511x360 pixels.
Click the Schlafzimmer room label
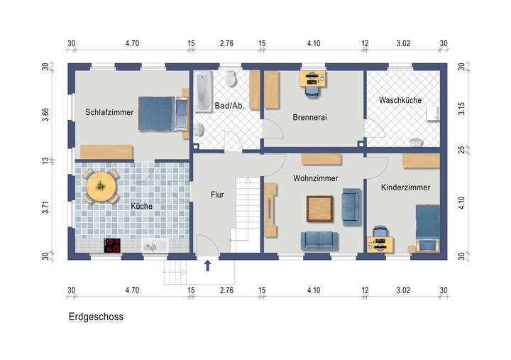(109, 111)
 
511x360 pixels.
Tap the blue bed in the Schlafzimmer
(158, 114)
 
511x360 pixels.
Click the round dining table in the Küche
(102, 186)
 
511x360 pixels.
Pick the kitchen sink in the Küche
(152, 246)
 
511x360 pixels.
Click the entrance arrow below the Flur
(208, 266)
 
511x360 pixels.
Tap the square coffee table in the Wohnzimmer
(319, 208)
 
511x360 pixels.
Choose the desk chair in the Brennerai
(312, 89)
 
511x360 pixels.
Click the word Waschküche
(400, 100)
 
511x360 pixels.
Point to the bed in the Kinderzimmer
(427, 227)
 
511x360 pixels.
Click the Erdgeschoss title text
(96, 317)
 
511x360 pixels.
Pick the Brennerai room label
(309, 117)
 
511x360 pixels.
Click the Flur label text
(217, 193)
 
